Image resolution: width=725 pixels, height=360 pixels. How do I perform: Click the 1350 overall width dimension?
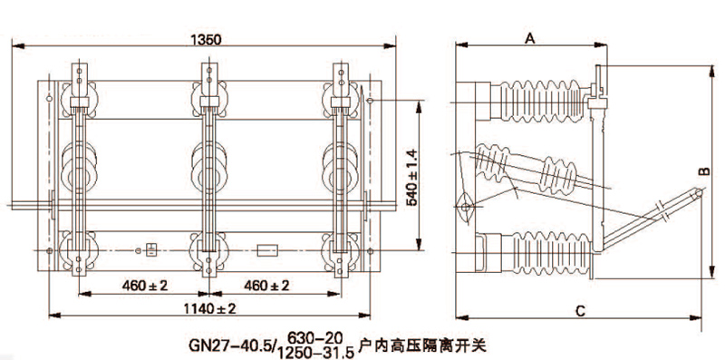point(206,40)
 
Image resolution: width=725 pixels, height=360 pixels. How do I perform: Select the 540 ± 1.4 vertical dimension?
point(413,177)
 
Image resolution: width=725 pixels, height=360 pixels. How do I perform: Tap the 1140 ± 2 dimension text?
point(211,308)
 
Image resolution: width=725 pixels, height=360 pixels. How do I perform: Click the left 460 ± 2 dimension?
point(145,286)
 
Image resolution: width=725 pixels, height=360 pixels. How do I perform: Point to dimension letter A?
point(530,39)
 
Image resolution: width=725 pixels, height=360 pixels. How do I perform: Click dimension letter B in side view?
point(704,171)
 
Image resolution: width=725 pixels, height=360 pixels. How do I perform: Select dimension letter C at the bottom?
point(581,311)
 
